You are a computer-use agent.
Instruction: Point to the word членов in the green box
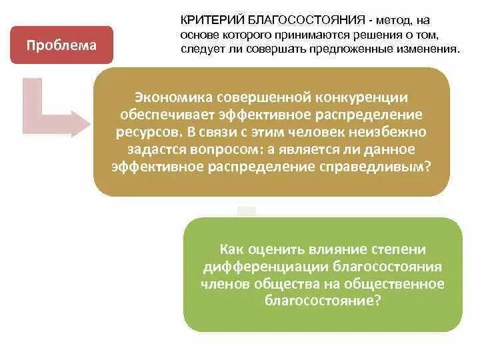point(223,284)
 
